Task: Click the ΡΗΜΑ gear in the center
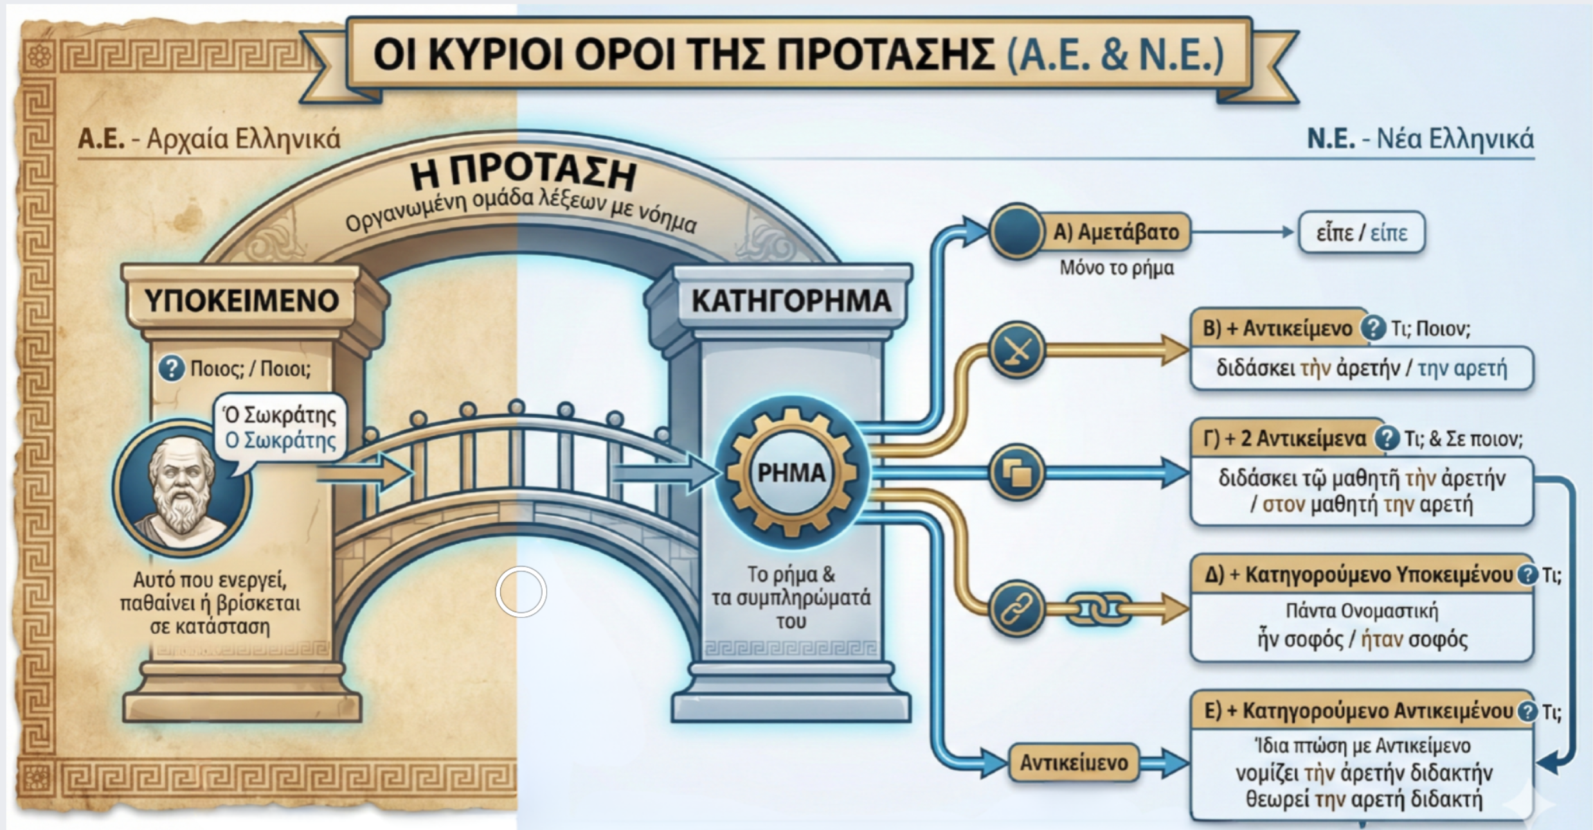(791, 473)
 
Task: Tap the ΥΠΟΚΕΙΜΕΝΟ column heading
(241, 301)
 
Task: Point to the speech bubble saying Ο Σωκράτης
(280, 428)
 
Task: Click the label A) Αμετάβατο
(1115, 232)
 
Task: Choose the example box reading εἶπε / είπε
(1362, 233)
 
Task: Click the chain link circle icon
(1016, 608)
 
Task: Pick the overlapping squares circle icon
(1016, 473)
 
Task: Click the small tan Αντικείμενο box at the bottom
(1074, 763)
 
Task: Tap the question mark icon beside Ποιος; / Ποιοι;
(171, 369)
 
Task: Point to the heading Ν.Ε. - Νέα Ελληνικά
(1420, 139)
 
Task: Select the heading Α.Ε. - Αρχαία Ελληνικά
(209, 139)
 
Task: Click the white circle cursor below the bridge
(521, 592)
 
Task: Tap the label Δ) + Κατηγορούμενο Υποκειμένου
(1358, 574)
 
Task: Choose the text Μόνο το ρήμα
(1117, 267)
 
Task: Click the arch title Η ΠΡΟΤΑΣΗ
(524, 173)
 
